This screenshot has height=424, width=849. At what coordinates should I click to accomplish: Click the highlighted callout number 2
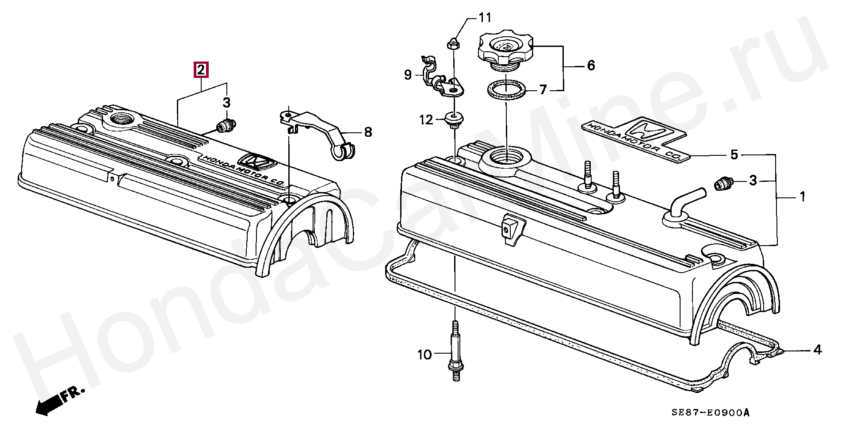[201, 70]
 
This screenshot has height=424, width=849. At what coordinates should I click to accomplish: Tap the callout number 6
[591, 66]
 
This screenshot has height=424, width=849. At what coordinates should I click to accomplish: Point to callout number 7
[543, 90]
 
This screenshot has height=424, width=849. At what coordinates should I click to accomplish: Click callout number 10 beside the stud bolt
[424, 355]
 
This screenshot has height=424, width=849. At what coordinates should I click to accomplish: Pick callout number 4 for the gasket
[818, 350]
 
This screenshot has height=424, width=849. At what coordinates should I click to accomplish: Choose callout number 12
[426, 119]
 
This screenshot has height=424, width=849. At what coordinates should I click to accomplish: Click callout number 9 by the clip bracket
[408, 75]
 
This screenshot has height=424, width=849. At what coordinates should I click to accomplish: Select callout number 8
[368, 132]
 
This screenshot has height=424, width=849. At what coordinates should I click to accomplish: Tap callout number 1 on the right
[802, 197]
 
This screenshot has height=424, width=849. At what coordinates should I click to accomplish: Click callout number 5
[734, 155]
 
